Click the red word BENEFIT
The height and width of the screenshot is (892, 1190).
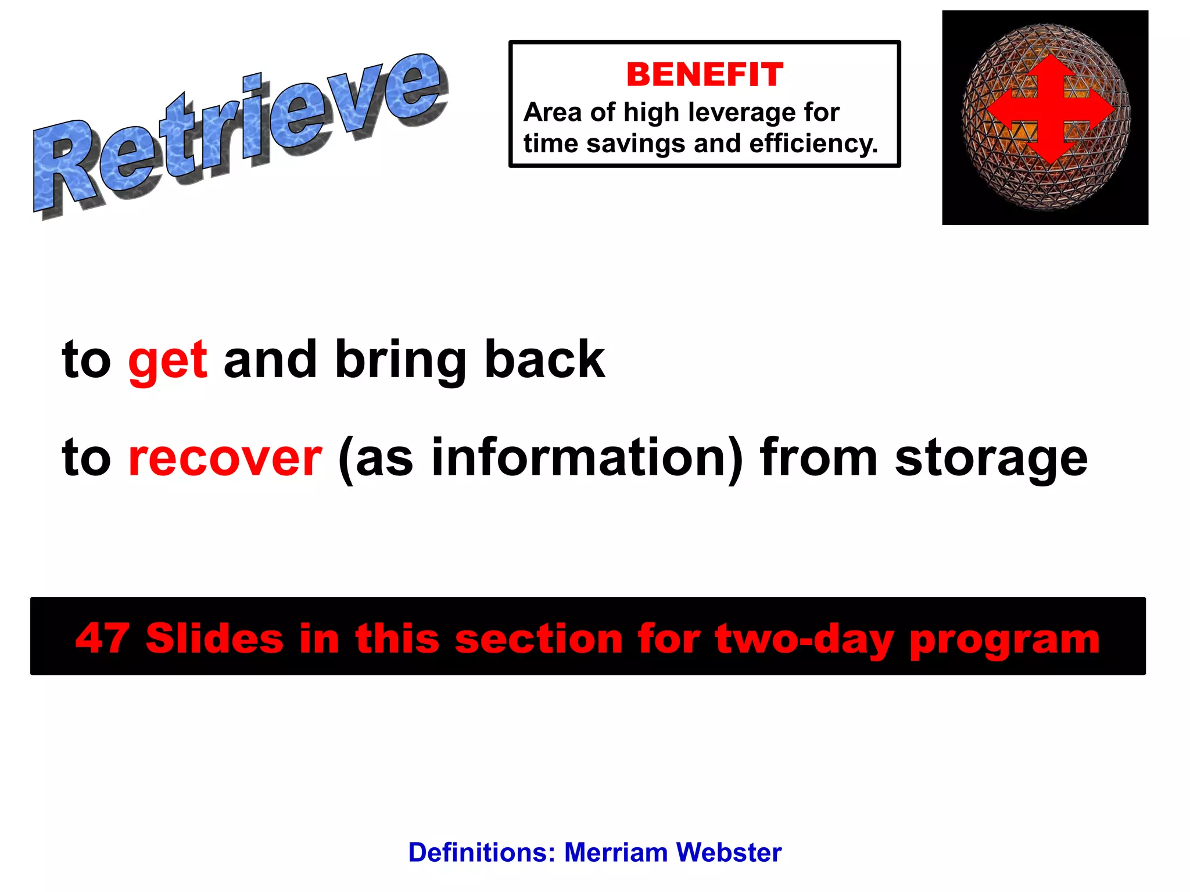[705, 75]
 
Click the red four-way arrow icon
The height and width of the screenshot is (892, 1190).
[1050, 109]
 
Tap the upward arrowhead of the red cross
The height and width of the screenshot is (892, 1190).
[1050, 67]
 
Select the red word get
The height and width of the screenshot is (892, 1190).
[167, 360]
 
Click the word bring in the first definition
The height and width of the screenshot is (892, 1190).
[400, 360]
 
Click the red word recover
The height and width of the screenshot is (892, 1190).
[225, 458]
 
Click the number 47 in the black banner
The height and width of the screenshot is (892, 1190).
[102, 638]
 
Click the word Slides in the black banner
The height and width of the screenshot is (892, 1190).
[214, 638]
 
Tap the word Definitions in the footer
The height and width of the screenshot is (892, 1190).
[482, 852]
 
